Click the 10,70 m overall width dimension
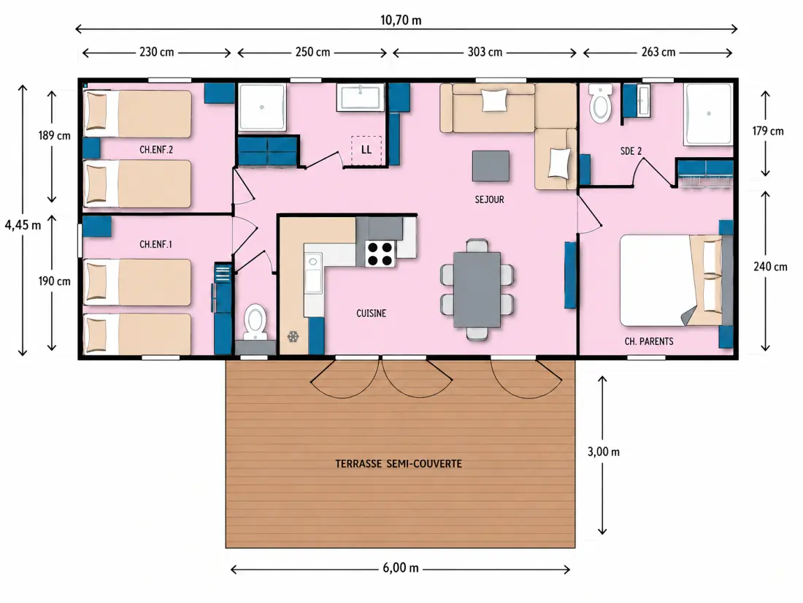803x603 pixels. [x=401, y=20]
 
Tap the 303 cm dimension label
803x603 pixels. [x=485, y=53]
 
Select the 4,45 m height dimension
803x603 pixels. [x=23, y=225]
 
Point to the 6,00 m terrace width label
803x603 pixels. [x=401, y=568]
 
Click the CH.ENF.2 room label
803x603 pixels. [x=156, y=150]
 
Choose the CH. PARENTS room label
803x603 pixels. [x=649, y=341]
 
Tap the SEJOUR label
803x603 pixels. [x=489, y=200]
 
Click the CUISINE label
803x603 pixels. [x=372, y=314]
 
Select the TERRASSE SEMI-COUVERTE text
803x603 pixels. [x=399, y=464]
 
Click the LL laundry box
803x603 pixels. [x=366, y=151]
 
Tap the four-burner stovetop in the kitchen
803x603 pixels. [x=380, y=254]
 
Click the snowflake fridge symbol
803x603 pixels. [x=293, y=337]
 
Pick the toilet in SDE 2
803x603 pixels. [x=600, y=104]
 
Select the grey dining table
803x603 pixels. [x=477, y=289]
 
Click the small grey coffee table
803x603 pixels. [x=491, y=166]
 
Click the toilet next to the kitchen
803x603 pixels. [x=255, y=322]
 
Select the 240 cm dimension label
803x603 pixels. [x=769, y=267]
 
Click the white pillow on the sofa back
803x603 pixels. [x=495, y=99]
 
